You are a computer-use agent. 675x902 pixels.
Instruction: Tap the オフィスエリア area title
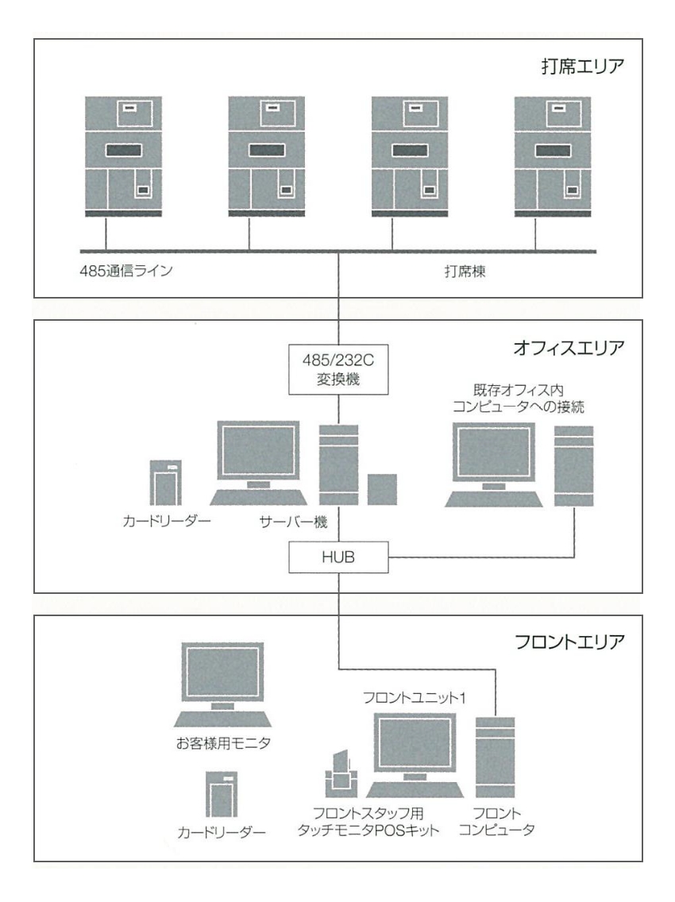[x=571, y=348]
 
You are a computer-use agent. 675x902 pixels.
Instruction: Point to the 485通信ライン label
[x=120, y=270]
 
